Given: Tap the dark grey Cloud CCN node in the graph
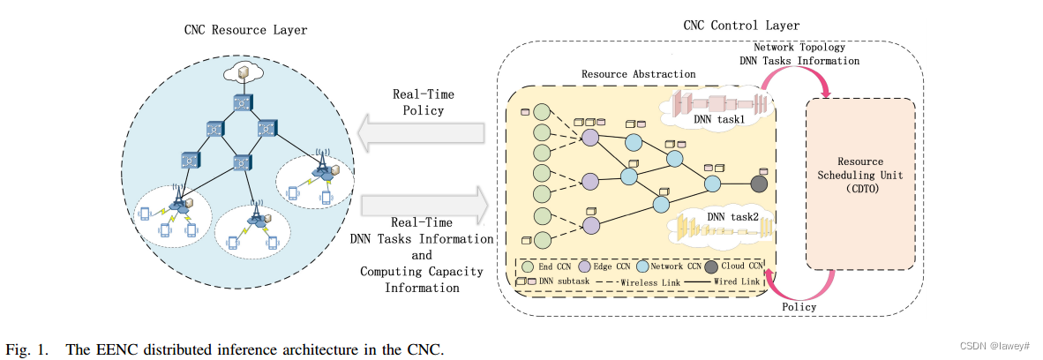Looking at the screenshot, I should (760, 184).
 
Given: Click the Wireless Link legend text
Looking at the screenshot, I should (651, 281).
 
